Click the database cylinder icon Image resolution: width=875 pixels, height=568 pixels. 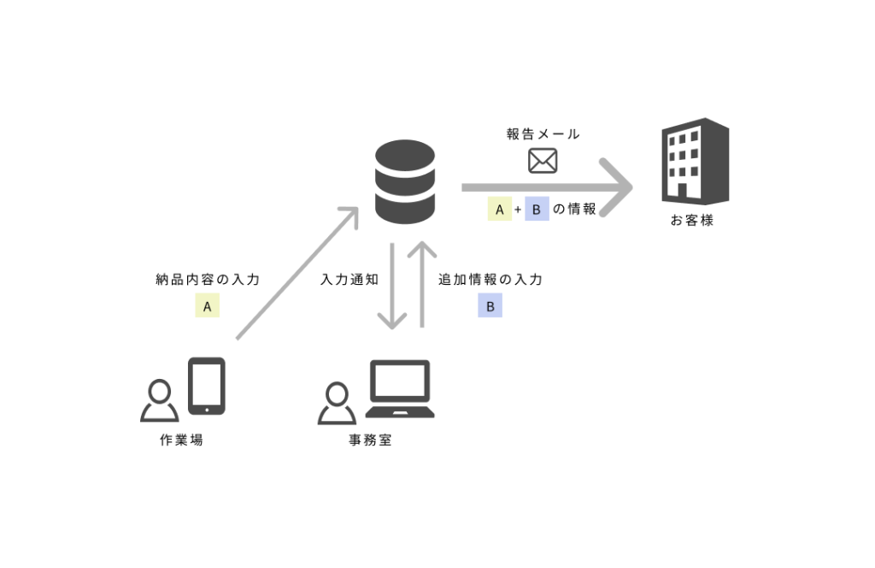[405, 182]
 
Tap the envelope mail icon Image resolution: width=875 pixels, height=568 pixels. [543, 161]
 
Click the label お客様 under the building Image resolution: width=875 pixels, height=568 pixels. [691, 221]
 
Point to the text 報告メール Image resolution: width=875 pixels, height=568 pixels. [543, 134]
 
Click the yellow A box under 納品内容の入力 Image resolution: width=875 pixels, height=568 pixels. [207, 305]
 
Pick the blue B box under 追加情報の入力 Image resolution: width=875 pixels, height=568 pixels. [490, 305]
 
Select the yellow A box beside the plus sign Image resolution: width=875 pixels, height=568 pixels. [499, 210]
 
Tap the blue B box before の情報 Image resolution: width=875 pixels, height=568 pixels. [536, 210]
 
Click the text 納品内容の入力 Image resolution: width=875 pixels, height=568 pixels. [208, 280]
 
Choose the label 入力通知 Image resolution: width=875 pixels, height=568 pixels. [350, 280]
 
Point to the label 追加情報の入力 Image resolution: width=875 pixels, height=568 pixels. [490, 280]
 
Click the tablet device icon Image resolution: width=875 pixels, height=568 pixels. [206, 386]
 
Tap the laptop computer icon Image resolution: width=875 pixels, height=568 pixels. [400, 389]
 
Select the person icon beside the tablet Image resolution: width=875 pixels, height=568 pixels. [159, 400]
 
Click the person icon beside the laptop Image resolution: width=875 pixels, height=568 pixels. [337, 403]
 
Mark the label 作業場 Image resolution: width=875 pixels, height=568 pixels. [181, 441]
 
